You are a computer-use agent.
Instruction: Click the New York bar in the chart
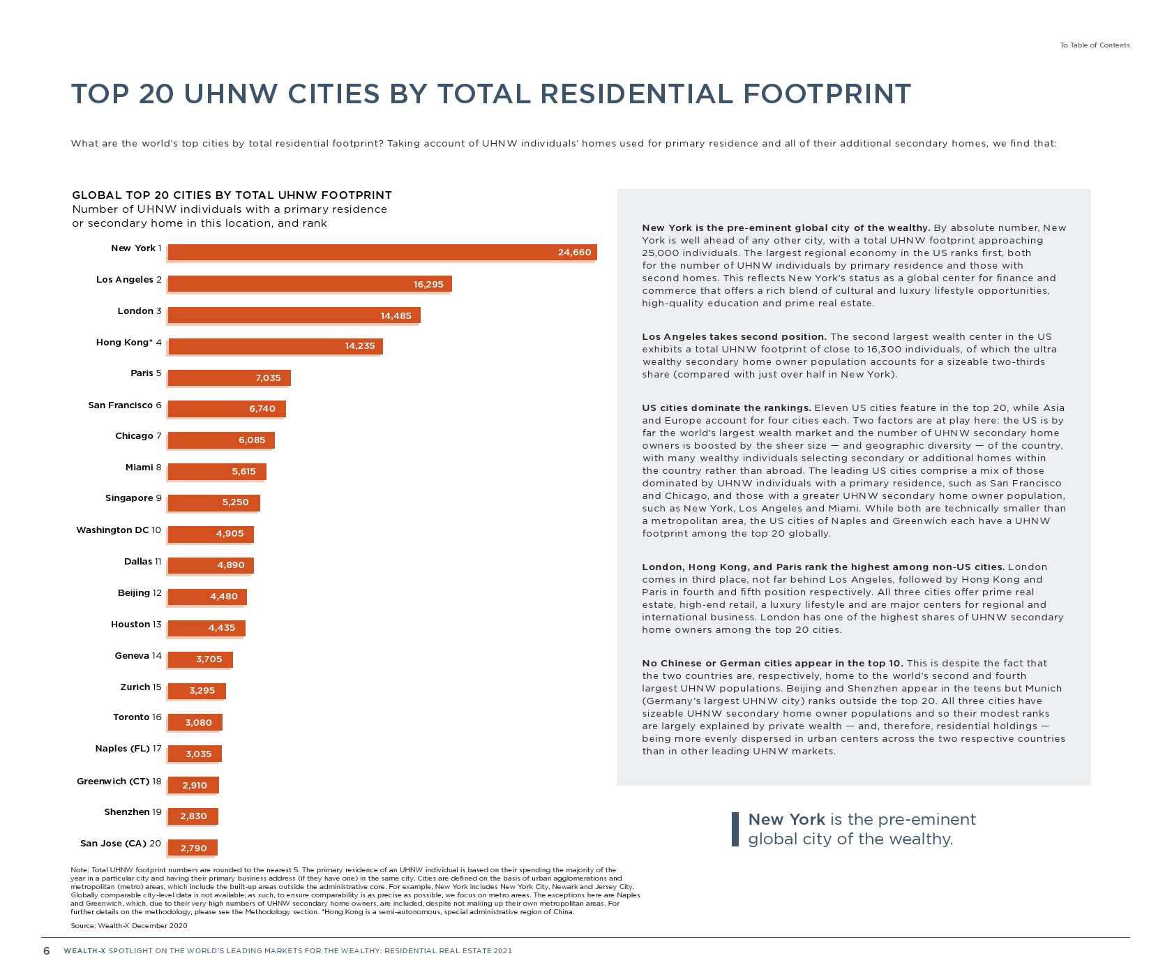point(382,252)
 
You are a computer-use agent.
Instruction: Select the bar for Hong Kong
point(275,346)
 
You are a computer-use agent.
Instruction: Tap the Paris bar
point(229,378)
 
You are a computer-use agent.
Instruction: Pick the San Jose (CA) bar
point(193,848)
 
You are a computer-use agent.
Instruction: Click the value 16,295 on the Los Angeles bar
point(428,284)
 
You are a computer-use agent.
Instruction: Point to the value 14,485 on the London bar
point(396,315)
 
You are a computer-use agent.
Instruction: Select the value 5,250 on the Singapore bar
point(235,502)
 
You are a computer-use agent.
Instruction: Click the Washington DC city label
point(112,530)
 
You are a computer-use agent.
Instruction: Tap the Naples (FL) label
point(123,749)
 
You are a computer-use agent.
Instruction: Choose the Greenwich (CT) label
point(113,782)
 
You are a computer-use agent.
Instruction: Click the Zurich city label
point(135,687)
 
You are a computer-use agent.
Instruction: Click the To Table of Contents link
point(1095,45)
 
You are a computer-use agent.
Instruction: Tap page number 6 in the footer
point(47,951)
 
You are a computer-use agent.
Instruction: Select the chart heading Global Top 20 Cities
point(232,195)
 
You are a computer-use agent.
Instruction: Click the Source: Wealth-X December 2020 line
point(129,926)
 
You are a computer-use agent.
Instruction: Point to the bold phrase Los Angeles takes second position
point(734,337)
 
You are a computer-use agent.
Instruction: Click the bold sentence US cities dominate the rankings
point(726,408)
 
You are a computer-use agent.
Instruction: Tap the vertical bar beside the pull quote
point(735,829)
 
